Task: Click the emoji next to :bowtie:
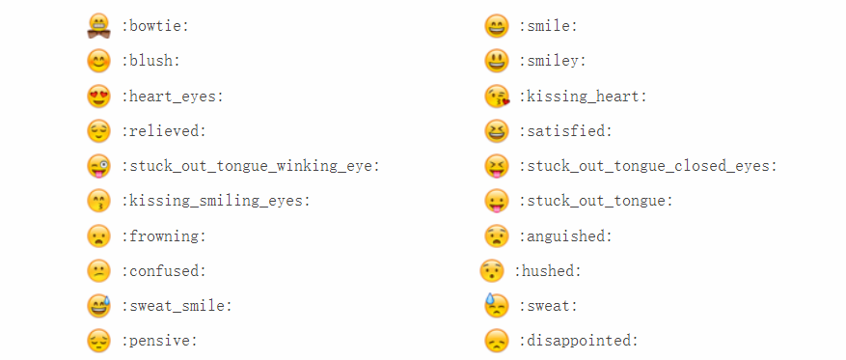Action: pos(98,26)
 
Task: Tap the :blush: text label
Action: pos(150,61)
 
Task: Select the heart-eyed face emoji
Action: pos(98,96)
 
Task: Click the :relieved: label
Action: pos(163,131)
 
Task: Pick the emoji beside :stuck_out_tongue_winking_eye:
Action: pos(98,165)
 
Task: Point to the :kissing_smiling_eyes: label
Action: pos(215,201)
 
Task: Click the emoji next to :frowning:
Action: pos(98,235)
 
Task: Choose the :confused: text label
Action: pos(163,271)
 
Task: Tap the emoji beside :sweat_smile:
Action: pos(98,306)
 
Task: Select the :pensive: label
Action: pos(159,341)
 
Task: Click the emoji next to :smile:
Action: pos(496,26)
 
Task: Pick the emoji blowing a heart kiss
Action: pos(496,96)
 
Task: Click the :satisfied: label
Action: pos(565,131)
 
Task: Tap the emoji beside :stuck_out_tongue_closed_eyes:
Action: pos(496,165)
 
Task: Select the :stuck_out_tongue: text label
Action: pos(596,201)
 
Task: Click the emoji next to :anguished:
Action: pos(496,235)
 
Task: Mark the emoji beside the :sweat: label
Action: pos(496,305)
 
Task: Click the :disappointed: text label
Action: pos(579,341)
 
